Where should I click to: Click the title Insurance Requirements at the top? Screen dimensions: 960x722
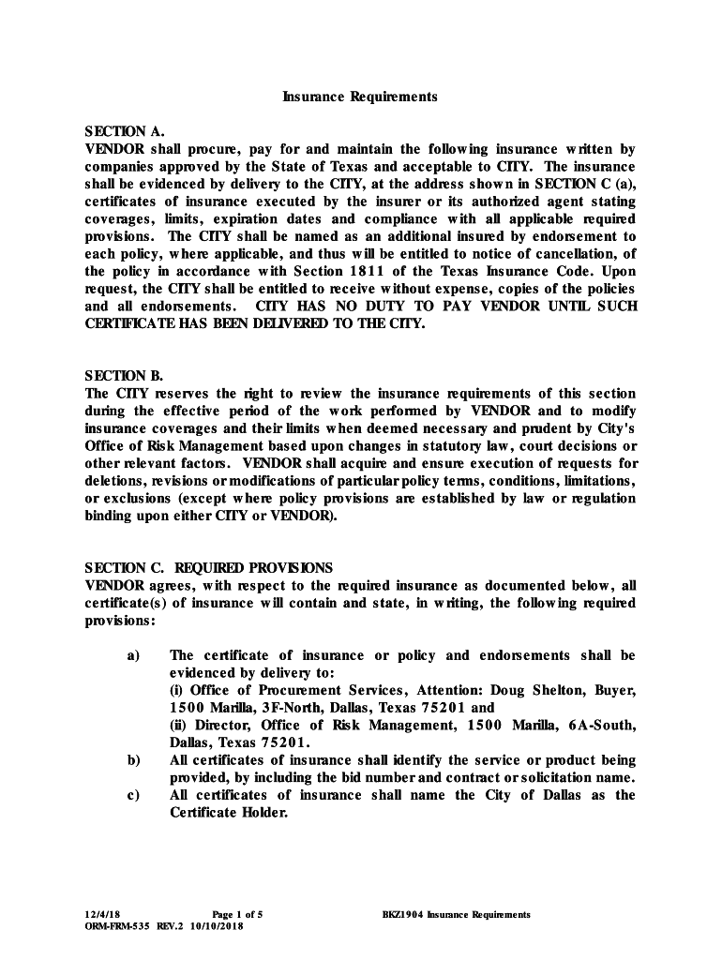point(361,97)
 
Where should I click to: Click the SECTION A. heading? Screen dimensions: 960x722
point(117,131)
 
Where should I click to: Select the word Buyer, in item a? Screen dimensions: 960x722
point(614,690)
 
